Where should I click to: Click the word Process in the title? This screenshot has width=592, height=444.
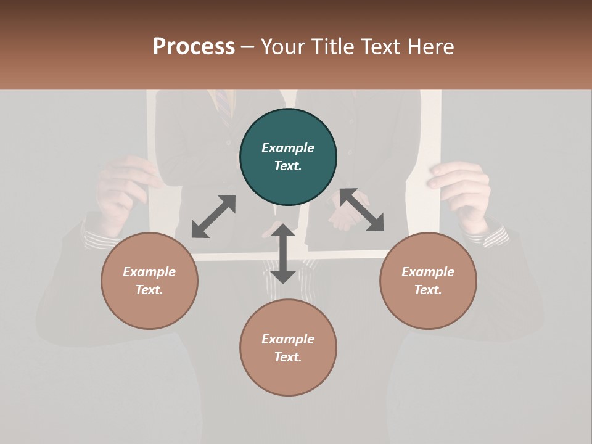click(x=194, y=46)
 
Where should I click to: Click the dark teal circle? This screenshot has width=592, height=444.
click(x=288, y=157)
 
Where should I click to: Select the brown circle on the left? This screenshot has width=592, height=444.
click(x=149, y=281)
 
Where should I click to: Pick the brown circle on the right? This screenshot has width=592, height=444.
click(x=428, y=281)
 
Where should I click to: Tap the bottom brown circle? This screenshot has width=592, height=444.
click(x=288, y=347)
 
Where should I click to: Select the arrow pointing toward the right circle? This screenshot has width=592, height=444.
click(x=362, y=210)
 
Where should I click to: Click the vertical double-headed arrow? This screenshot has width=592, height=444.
click(x=283, y=253)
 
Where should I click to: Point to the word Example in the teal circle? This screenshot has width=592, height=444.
click(x=288, y=148)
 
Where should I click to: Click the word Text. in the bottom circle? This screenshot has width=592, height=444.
click(x=288, y=357)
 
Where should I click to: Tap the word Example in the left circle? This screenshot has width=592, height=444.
click(x=149, y=272)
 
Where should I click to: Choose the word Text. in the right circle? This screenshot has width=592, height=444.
click(x=428, y=290)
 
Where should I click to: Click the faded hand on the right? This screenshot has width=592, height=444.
click(x=462, y=191)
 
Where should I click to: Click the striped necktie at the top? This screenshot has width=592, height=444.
click(x=223, y=102)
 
